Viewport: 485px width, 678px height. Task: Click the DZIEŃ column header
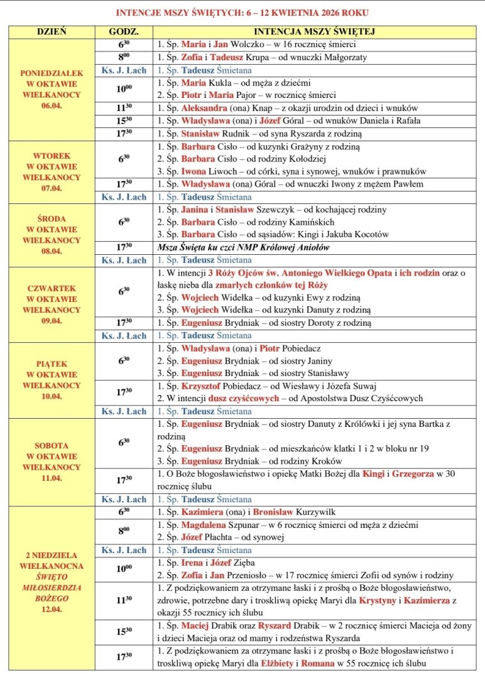52,31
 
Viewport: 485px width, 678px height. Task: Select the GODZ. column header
124,31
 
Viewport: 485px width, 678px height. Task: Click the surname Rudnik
239,134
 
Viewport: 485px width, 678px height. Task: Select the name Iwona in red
194,171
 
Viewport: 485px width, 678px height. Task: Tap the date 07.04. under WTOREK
52,188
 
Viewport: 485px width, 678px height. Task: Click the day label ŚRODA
52,218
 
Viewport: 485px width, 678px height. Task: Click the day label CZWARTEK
52,288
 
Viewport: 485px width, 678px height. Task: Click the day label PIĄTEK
52,364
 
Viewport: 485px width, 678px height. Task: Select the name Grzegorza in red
413,474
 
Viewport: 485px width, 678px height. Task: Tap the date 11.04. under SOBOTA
52,477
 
